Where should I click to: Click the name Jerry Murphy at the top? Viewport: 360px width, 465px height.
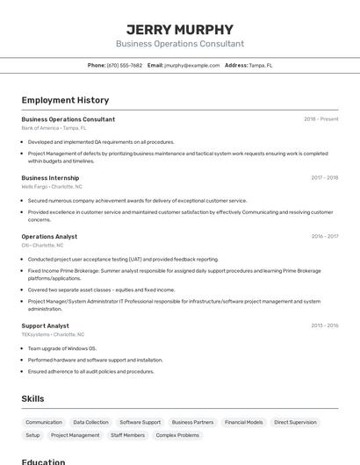[x=180, y=29]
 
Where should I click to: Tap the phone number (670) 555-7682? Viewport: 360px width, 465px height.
[x=125, y=65]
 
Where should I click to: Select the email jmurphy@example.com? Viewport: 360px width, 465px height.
[x=191, y=65]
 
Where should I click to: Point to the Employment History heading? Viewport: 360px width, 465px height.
[x=65, y=100]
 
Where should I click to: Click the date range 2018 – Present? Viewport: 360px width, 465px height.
[x=320, y=119]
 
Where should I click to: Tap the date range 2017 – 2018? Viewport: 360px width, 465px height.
[x=324, y=177]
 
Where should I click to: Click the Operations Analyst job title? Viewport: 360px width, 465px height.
[x=49, y=236]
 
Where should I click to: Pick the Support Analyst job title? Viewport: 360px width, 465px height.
[x=45, y=325]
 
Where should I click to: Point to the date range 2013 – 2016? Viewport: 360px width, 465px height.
[x=324, y=325]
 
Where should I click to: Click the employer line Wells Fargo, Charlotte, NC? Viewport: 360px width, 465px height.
[x=52, y=186]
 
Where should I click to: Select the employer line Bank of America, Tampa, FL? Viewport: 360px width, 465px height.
[x=54, y=127]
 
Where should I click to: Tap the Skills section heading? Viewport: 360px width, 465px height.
[x=32, y=398]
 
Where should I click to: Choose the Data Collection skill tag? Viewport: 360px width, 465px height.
[x=91, y=422]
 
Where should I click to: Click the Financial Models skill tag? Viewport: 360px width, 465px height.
[x=243, y=422]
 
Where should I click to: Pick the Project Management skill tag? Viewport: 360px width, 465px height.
[x=75, y=435]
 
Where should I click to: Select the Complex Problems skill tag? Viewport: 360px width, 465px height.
[x=176, y=435]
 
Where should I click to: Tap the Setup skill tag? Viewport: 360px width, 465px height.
[x=32, y=435]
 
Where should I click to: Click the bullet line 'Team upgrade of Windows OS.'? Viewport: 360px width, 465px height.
[x=61, y=348]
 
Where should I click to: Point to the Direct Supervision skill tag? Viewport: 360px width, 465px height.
[x=295, y=422]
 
